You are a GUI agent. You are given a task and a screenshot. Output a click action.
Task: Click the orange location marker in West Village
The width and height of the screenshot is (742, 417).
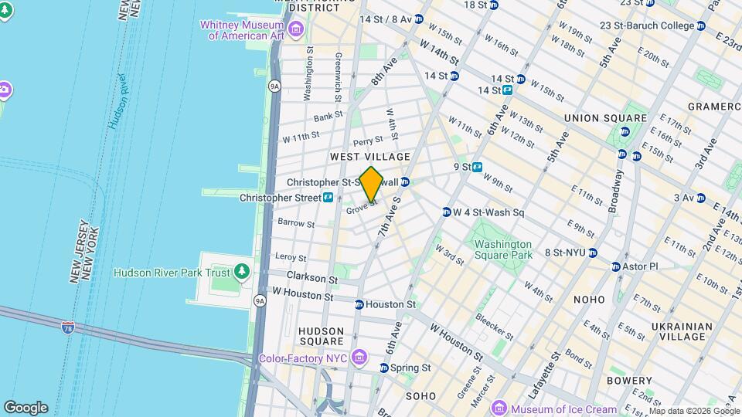pos(372,184)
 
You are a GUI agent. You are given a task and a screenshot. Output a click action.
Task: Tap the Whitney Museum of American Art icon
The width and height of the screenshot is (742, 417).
pos(297,30)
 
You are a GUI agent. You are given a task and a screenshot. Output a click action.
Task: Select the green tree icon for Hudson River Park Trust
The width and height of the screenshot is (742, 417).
pos(242,272)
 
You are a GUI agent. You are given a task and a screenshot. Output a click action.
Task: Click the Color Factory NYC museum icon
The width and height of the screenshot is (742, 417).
pos(358,358)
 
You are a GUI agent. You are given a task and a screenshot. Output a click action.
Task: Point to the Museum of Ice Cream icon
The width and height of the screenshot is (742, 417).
pos(499,409)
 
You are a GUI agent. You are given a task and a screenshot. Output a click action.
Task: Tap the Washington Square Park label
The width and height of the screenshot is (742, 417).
pos(503,249)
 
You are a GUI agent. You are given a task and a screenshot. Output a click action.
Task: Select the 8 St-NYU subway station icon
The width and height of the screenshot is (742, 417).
pos(592,253)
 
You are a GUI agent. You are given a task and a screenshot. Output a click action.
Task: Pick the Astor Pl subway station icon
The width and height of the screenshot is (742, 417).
pos(616,266)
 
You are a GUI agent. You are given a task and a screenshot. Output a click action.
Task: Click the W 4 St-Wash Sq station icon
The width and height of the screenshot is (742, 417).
pos(446,212)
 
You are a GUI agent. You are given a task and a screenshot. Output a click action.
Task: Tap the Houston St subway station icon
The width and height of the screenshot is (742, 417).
pos(359,304)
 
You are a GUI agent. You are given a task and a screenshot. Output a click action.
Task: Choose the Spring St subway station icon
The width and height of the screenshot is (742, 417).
pos(384,367)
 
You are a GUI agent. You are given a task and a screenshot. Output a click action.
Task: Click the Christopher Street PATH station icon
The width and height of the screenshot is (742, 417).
pos(328,198)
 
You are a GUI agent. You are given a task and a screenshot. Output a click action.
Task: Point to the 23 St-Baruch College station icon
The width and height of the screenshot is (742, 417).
pos(700,25)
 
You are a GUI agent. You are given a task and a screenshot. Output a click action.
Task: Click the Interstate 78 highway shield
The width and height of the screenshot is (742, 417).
pos(69,328)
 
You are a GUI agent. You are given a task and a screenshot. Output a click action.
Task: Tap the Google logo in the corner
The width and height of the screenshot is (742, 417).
pos(26,408)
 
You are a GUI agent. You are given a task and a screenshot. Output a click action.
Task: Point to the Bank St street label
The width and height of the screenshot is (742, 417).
pos(328,117)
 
